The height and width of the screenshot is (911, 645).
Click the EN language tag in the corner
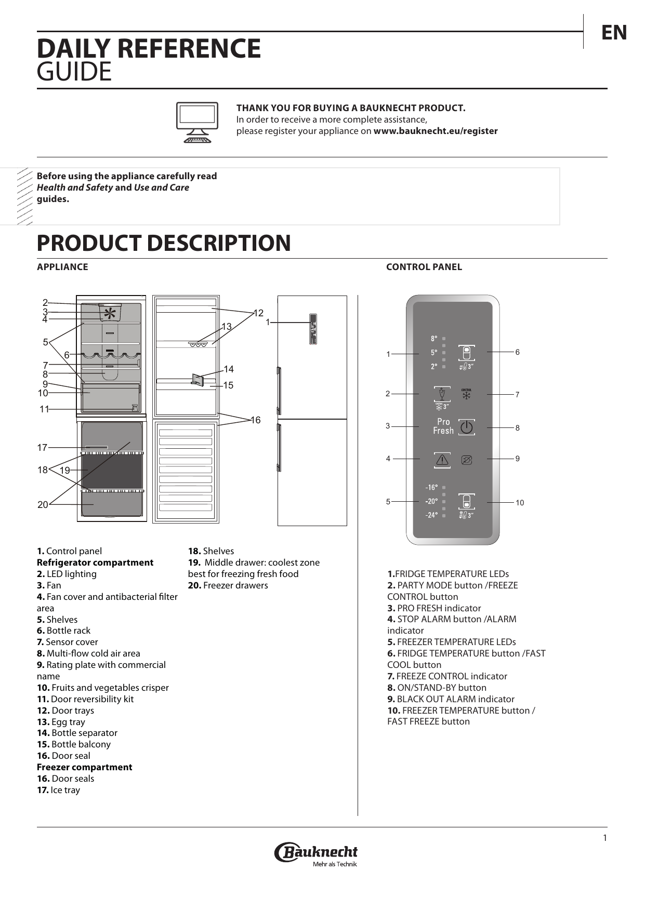tap(614, 33)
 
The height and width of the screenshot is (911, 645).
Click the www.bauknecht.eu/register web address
tap(436, 131)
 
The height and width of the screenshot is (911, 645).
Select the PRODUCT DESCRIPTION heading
tap(164, 243)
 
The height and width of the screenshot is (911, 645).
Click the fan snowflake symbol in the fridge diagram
tap(110, 313)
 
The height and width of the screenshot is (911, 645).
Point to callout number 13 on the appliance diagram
tap(227, 327)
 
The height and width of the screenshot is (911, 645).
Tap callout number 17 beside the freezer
tap(42, 447)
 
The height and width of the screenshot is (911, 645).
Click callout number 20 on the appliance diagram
tap(43, 504)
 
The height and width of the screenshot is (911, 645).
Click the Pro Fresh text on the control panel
tap(443, 426)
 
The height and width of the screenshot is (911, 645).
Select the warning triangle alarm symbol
tap(442, 459)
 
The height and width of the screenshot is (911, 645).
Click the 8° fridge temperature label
tap(434, 339)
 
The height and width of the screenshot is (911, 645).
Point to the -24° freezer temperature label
tap(431, 515)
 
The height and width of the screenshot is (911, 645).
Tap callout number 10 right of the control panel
tap(520, 503)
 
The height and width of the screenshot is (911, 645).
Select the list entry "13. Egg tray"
tap(61, 722)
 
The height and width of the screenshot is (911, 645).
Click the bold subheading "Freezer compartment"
tap(84, 767)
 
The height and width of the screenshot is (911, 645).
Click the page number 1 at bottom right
tap(604, 838)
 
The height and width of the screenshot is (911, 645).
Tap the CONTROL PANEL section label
tap(424, 267)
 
